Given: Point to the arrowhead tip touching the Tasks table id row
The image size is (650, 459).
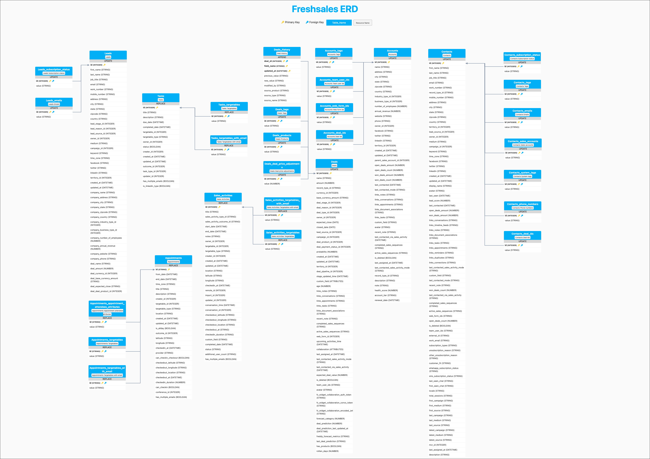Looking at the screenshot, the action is pyautogui.click(x=180, y=108).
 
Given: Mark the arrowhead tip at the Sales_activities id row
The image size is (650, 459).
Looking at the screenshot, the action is pyautogui.click(x=242, y=207).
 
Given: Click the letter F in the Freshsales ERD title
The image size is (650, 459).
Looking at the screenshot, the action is pyautogui.click(x=295, y=9).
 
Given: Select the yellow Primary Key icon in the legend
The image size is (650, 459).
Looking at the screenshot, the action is pyautogui.click(x=283, y=22).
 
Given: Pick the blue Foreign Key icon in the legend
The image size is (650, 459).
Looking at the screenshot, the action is pyautogui.click(x=307, y=22).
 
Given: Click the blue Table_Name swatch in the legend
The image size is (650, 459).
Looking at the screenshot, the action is pyautogui.click(x=339, y=23).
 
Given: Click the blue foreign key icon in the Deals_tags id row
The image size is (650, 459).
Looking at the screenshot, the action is pyautogui.click(x=281, y=121).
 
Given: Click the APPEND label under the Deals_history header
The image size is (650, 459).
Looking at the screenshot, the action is pyautogui.click(x=282, y=57).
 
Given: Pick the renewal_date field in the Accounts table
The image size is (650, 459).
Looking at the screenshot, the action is pyautogui.click(x=387, y=300).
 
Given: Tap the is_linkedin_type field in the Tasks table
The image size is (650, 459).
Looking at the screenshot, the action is pyautogui.click(x=157, y=186).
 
